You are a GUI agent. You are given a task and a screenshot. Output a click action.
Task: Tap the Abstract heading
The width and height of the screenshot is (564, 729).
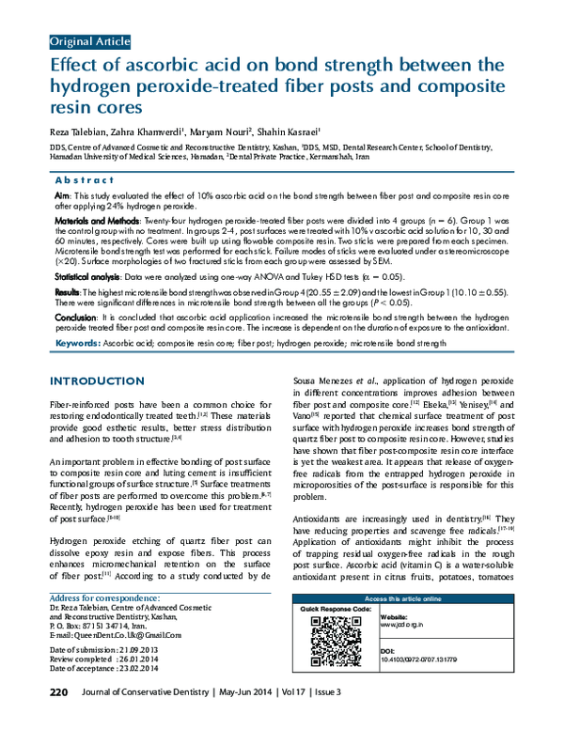(86, 178)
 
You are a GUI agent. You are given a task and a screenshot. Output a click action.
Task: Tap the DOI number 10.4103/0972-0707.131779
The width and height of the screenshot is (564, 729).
(420, 660)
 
